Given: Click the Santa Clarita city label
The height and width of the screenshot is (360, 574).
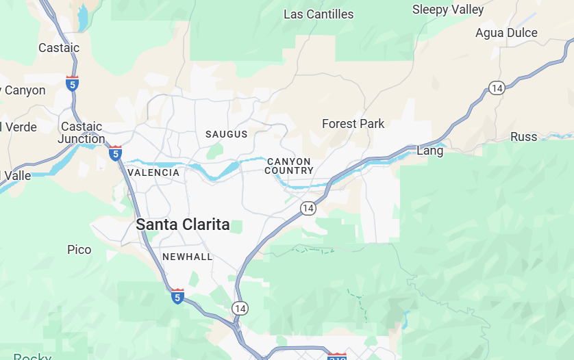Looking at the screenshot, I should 183,224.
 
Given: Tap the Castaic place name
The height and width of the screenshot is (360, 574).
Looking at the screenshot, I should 59,48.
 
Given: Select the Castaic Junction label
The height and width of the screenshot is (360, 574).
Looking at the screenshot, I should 82,133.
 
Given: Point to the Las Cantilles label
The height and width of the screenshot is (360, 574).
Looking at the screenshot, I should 319,14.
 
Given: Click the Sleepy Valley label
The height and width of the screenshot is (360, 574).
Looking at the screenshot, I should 448,10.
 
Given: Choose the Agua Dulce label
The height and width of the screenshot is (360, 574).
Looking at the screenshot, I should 506,33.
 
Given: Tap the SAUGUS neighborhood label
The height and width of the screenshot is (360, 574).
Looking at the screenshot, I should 227,134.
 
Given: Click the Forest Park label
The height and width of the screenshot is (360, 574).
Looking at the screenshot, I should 353,124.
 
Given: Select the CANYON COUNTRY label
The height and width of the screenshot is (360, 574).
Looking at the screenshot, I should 288,166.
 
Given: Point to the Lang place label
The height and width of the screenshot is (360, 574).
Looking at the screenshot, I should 430,151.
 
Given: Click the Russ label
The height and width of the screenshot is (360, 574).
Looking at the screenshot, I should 524,137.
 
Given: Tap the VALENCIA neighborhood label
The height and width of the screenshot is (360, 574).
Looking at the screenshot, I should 153,172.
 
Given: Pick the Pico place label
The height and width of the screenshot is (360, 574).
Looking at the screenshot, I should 79,250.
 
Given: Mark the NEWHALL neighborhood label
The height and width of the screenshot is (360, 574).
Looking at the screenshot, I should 188,257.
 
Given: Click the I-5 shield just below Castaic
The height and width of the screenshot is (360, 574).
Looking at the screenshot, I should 73,83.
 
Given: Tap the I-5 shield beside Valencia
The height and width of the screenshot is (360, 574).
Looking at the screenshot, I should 115,153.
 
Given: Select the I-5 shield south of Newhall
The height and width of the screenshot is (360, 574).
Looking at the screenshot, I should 177,296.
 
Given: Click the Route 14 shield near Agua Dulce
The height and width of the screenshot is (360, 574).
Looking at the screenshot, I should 497,88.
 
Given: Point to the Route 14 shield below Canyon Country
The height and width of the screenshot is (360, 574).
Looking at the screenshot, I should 308,208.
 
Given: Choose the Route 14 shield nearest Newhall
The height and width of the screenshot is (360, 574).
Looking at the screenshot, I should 239,309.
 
